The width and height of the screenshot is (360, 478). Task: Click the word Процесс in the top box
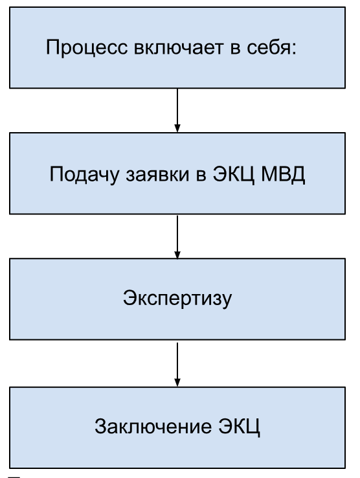tap(87, 48)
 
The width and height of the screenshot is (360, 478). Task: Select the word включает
tap(179, 48)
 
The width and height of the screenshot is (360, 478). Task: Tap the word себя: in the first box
tap(271, 47)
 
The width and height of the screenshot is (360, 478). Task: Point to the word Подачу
tap(84, 174)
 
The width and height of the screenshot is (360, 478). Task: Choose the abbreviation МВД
tap(283, 175)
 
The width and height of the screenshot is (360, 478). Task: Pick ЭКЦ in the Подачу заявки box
tap(233, 175)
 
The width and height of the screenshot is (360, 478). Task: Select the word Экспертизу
tap(177, 298)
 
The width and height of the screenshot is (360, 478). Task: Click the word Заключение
tap(153, 426)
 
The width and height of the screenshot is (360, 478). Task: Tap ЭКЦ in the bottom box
tap(240, 427)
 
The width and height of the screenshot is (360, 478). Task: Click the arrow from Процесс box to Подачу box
tap(177, 110)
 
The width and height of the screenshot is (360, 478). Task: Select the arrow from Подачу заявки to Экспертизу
tap(177, 237)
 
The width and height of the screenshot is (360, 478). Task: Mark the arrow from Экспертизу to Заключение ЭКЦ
tap(177, 365)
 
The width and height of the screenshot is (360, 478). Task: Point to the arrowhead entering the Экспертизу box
tap(177, 255)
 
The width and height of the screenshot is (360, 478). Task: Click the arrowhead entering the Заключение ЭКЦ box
tap(177, 383)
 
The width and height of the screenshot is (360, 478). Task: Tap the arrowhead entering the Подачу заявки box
tap(177, 128)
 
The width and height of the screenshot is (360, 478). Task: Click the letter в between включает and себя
tap(235, 49)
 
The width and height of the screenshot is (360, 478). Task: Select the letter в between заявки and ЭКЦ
tap(201, 176)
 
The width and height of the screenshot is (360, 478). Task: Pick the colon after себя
tap(294, 50)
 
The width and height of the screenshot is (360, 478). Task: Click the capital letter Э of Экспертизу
tap(129, 297)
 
